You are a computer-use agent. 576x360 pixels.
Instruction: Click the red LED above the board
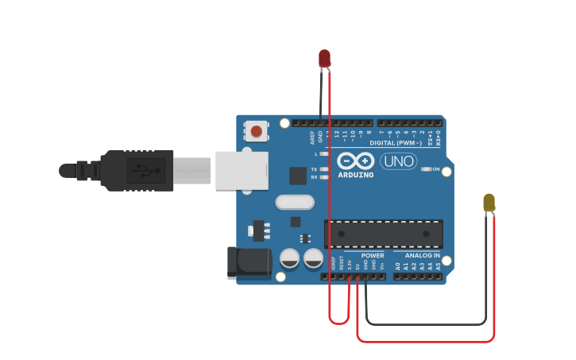[x=324, y=58]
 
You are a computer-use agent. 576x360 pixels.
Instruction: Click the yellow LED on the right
[x=489, y=202]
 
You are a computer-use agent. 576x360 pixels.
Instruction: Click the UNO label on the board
[x=398, y=161]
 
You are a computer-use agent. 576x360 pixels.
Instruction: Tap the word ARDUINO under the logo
[x=355, y=175]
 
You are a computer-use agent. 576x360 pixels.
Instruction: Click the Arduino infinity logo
[x=355, y=160]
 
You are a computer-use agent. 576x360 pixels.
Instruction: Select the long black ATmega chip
[x=383, y=234]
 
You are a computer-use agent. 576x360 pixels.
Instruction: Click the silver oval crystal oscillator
[x=295, y=202]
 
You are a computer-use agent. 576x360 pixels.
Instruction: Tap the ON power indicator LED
[x=427, y=169]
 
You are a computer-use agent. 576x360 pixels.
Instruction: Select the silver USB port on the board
[x=242, y=171]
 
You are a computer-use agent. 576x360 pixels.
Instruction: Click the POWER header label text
[x=372, y=256]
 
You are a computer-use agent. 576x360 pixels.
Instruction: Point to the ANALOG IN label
[x=422, y=256]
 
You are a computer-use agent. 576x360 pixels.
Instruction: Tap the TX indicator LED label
[x=315, y=169]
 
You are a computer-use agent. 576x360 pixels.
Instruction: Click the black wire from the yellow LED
[x=425, y=324]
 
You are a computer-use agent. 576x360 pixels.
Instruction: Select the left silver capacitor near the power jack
[x=290, y=257]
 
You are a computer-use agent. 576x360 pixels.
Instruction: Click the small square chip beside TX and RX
[x=298, y=176]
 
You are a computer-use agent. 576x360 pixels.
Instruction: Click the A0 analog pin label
[x=397, y=266]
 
